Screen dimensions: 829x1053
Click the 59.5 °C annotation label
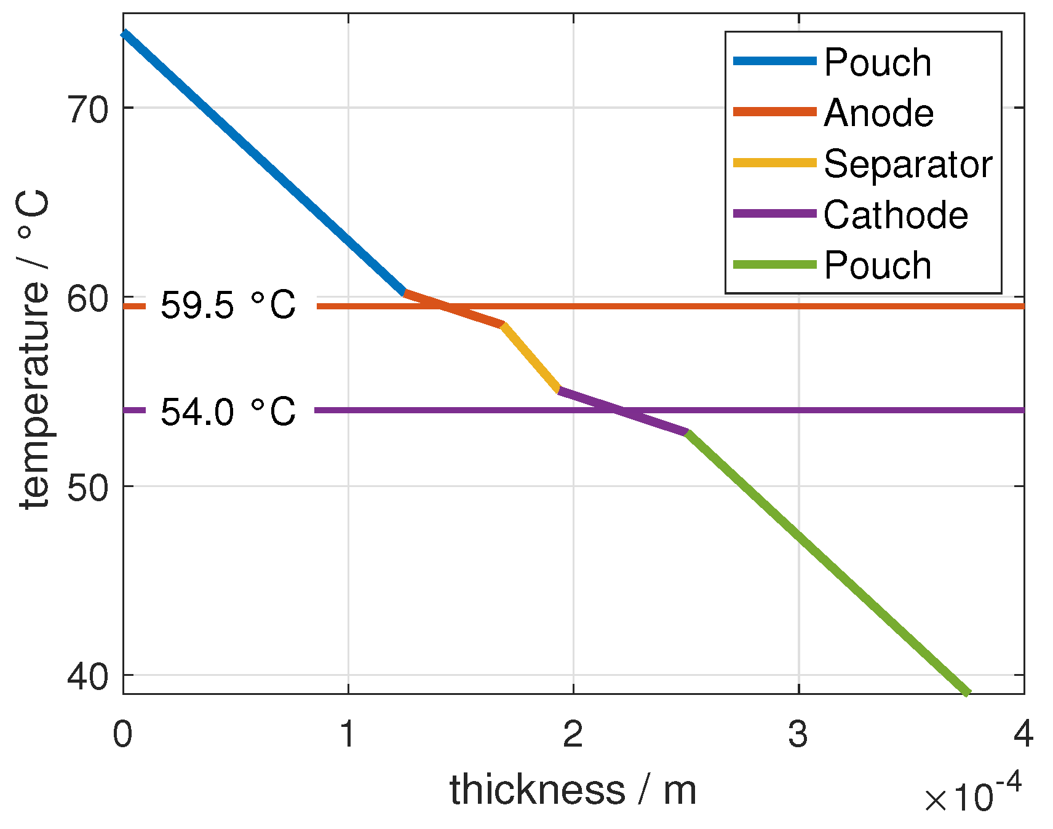[228, 306]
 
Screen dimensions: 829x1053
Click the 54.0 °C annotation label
[228, 411]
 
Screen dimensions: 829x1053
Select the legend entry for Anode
[878, 113]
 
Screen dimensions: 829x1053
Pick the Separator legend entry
[908, 164]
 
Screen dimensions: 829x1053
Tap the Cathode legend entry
[896, 215]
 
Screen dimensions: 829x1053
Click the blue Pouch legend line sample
[774, 61]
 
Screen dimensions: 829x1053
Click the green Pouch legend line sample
[774, 265]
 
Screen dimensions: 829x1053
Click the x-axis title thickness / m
[573, 790]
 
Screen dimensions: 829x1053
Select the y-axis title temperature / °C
[34, 351]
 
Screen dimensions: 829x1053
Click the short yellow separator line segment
[530, 357]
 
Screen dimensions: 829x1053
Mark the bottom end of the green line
[967, 692]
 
